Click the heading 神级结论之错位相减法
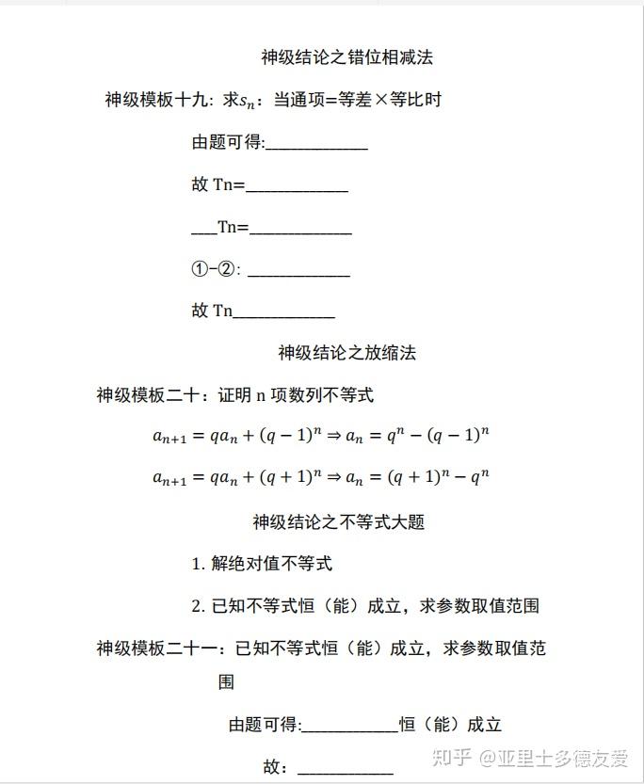(346, 57)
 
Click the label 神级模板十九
(156, 99)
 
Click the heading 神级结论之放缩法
(346, 353)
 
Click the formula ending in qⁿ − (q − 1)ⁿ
(321, 436)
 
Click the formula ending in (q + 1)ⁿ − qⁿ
(321, 477)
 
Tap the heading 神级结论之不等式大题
(338, 521)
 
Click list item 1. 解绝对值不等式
(262, 564)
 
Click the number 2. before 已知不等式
(199, 606)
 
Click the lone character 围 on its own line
(226, 681)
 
